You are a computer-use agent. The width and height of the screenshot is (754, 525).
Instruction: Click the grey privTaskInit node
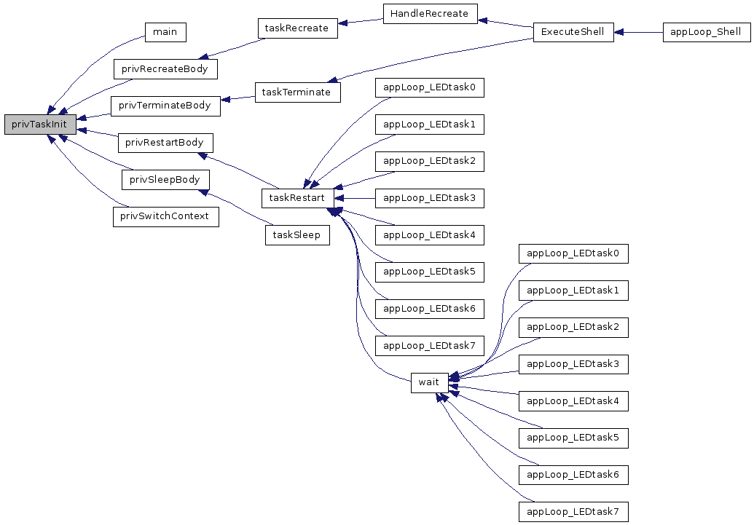[x=40, y=125]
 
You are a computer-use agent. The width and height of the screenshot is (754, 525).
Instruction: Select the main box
[x=165, y=32]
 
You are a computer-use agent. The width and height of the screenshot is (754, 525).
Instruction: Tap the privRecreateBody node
[x=165, y=69]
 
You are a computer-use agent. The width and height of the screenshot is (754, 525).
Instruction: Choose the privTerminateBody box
[x=165, y=106]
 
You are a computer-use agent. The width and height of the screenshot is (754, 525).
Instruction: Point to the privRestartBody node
[x=165, y=143]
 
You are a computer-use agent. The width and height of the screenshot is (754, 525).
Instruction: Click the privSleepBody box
[x=165, y=180]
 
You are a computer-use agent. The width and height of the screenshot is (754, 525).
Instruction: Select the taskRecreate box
[x=298, y=28]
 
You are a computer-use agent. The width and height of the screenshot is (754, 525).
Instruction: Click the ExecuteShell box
[x=573, y=32]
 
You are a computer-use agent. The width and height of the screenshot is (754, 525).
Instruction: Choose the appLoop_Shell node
[x=707, y=32]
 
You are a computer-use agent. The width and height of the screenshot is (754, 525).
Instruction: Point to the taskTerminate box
[x=298, y=92]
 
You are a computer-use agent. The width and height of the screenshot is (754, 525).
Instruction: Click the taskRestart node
[x=298, y=198]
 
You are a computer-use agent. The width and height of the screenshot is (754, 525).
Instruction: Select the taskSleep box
[x=298, y=235]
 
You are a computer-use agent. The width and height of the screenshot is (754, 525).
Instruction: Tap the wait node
[x=429, y=383]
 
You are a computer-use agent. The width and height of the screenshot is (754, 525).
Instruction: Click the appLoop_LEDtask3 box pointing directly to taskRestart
[x=429, y=198]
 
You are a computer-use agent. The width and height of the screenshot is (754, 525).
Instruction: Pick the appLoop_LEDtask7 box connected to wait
[x=573, y=512]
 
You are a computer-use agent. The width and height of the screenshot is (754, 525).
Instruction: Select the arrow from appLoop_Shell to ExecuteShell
[x=639, y=32]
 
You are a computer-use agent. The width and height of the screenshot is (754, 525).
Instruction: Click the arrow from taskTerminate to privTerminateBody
[x=237, y=98]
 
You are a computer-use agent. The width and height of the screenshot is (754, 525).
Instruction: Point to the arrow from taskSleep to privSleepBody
[x=235, y=208]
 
